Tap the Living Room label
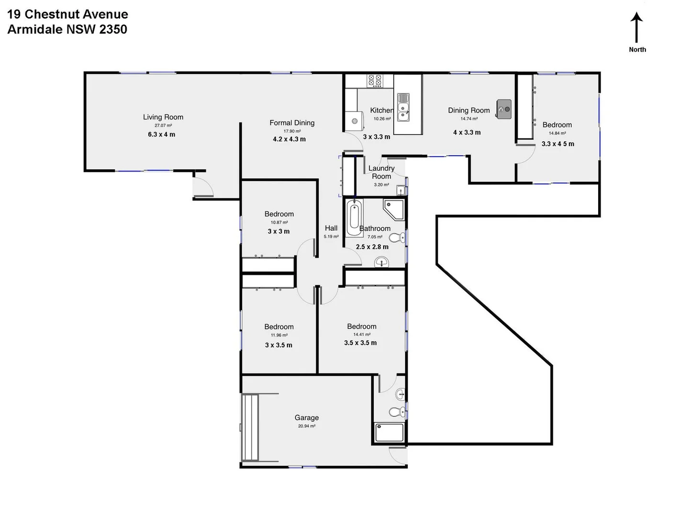(x=163, y=117)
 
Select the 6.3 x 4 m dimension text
(x=161, y=135)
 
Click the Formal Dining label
(x=292, y=123)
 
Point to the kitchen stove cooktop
(x=374, y=80)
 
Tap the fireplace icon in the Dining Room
(x=503, y=109)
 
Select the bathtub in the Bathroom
(x=354, y=218)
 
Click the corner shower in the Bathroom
(x=394, y=209)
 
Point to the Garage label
(x=307, y=417)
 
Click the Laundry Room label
(x=381, y=172)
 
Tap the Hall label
(x=331, y=228)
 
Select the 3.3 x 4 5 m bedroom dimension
(x=558, y=144)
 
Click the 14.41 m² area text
(x=362, y=335)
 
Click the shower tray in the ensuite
(x=389, y=432)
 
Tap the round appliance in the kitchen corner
(x=355, y=121)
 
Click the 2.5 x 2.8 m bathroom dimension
(x=372, y=247)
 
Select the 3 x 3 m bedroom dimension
(x=278, y=231)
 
